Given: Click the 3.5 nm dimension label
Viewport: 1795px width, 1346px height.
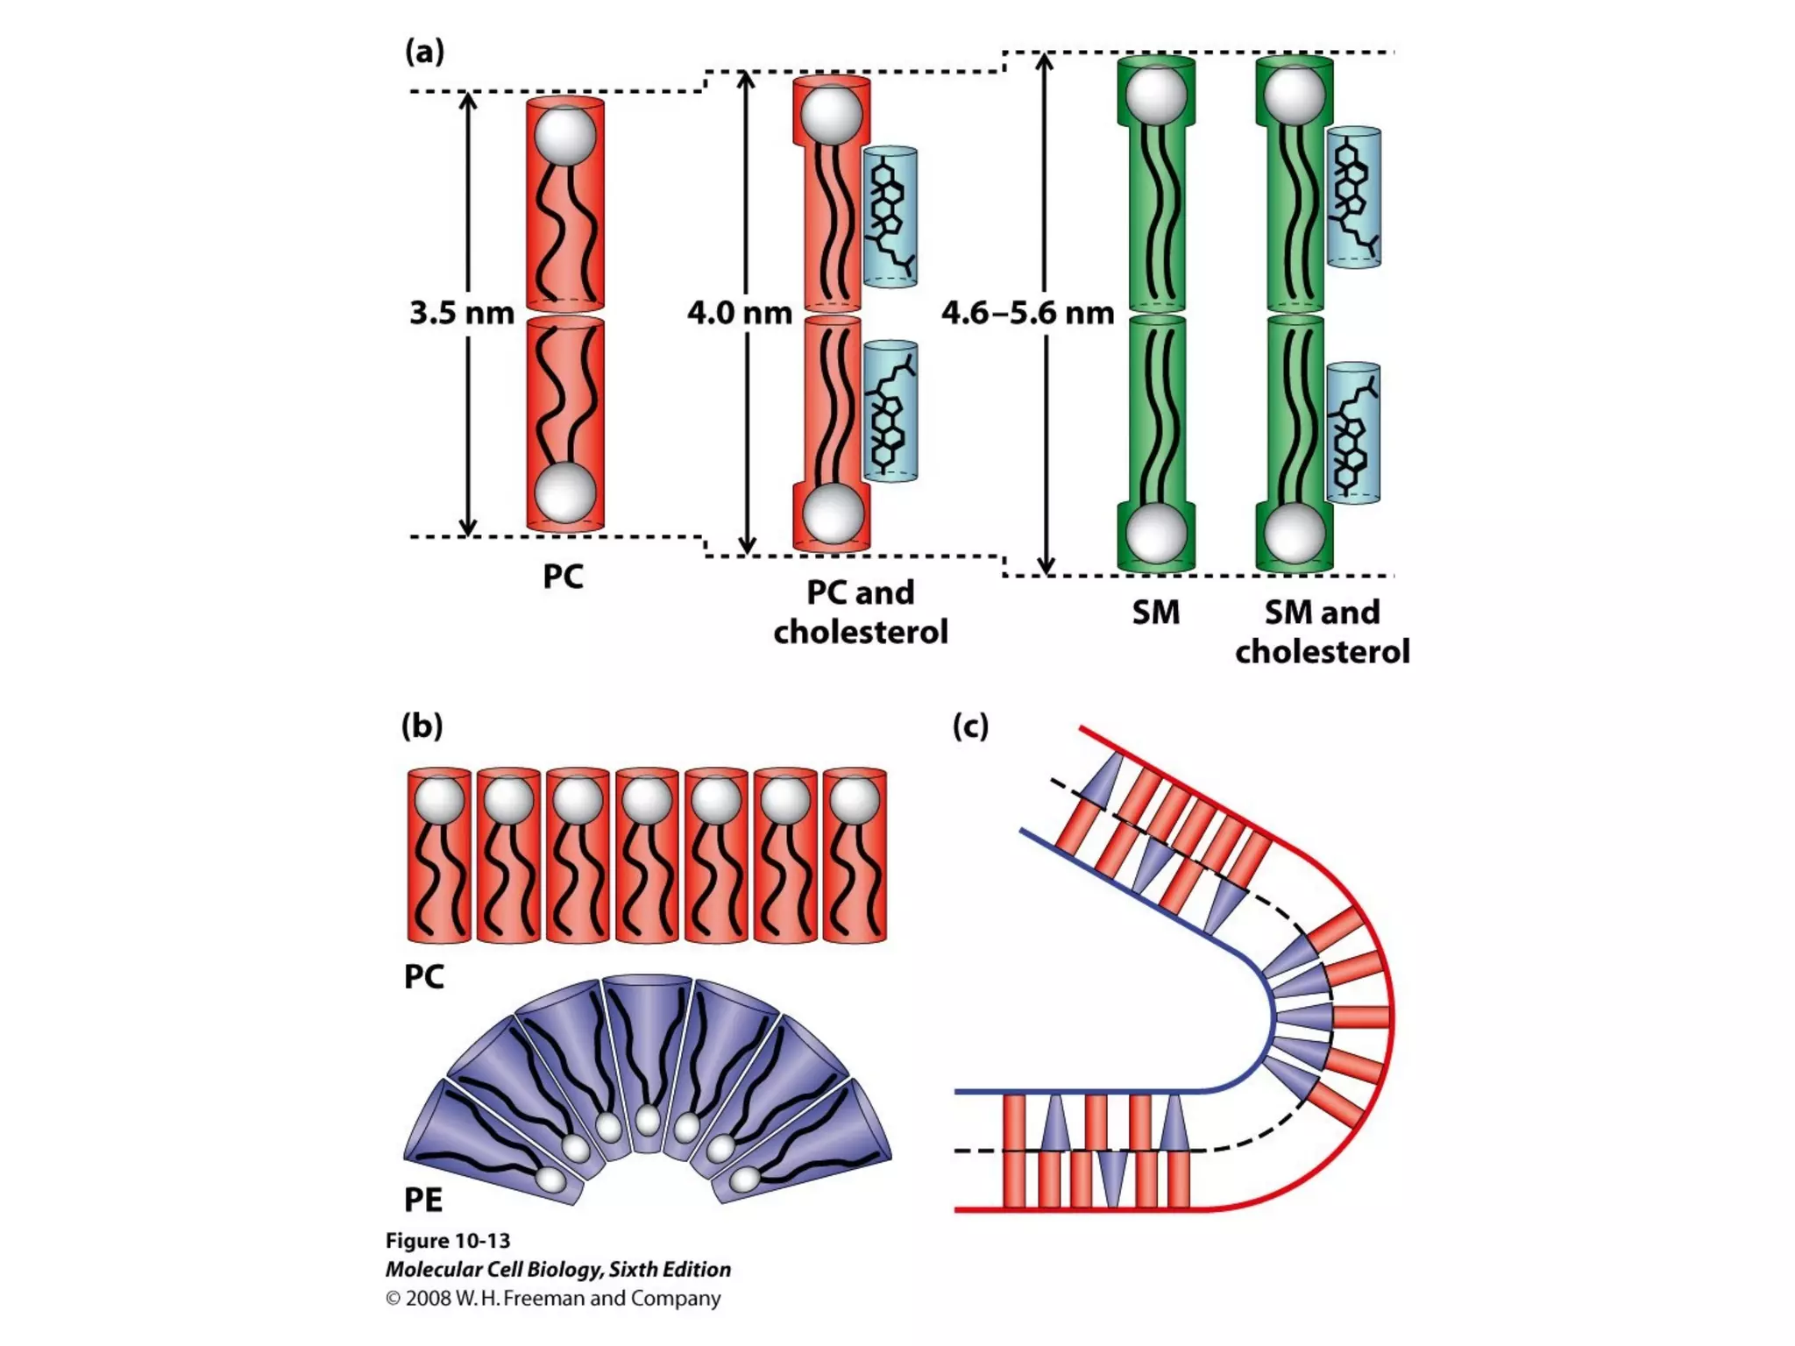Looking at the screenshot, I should pos(462,313).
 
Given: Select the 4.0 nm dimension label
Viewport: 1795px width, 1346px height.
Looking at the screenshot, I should pos(740,313).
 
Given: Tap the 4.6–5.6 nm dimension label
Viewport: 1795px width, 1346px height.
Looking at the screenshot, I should pos(1027,313).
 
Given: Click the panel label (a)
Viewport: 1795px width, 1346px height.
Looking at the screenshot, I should pos(424,52).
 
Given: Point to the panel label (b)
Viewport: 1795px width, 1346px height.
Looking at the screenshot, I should pos(422,726).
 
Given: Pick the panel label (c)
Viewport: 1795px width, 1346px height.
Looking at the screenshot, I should pos(970,726).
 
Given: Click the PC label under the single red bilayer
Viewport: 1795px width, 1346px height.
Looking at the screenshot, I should pos(563,577).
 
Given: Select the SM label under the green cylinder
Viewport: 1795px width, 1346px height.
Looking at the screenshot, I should pos(1155,612).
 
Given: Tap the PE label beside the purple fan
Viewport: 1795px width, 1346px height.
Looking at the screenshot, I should pos(423,1199).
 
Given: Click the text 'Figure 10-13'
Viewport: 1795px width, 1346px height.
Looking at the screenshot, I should pos(448,1241).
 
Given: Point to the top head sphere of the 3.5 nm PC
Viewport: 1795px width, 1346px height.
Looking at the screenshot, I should pos(565,135).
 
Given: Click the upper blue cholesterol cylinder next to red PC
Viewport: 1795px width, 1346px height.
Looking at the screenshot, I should pos(890,216).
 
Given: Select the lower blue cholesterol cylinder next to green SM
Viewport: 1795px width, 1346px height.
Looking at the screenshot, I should pos(1353,433).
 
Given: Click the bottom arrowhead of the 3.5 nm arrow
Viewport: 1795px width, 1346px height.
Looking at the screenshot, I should pos(468,527).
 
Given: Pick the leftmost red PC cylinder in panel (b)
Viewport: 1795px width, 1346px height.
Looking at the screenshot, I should pos(439,855).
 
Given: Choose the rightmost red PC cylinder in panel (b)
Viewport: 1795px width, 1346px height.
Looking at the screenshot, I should pos(855,855).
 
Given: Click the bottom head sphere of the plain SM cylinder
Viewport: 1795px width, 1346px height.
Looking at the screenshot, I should pos(1156,533).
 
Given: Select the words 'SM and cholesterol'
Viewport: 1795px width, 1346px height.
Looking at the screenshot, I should pos(1322,632).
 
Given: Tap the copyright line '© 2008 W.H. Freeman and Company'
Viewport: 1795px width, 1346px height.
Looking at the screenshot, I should pos(553,1299).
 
